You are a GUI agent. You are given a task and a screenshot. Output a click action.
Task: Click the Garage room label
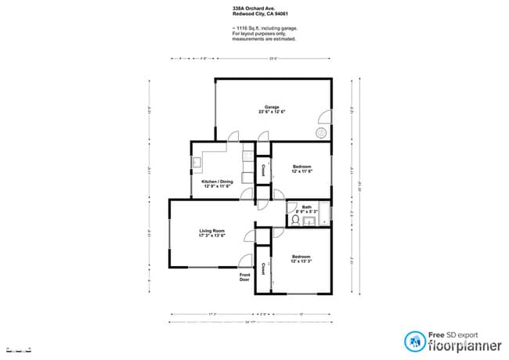272,107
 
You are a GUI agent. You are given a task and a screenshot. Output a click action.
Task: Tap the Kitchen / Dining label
218,182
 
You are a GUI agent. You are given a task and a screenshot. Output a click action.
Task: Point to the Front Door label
246,277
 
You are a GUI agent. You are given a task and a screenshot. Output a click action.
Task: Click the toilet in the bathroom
295,221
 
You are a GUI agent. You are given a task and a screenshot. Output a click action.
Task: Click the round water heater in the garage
320,132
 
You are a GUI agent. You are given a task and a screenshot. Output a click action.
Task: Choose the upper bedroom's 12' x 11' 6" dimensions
302,171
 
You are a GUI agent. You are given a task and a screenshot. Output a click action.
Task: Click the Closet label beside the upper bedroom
265,169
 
